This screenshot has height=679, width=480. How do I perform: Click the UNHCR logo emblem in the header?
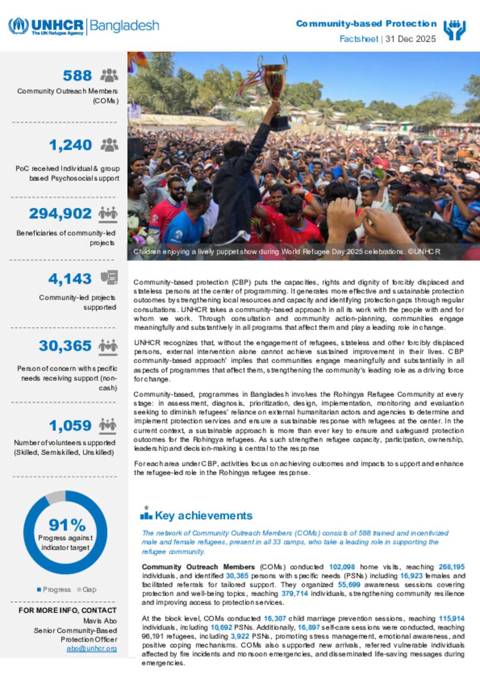click(x=18, y=26)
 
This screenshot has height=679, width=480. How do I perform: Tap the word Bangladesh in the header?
click(x=124, y=25)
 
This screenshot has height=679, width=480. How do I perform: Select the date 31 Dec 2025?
click(x=411, y=39)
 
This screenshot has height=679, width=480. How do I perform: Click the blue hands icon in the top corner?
click(x=454, y=30)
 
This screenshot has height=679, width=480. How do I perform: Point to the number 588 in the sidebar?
click(x=77, y=75)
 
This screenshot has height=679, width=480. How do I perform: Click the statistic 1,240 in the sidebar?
click(x=70, y=145)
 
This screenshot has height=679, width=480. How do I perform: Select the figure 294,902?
click(x=60, y=214)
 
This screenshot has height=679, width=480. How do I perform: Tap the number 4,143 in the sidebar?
click(x=70, y=279)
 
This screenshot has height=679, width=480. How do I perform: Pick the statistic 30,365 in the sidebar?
click(x=65, y=346)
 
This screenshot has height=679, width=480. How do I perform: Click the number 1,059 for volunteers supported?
click(x=70, y=425)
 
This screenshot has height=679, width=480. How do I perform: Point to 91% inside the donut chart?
click(x=67, y=525)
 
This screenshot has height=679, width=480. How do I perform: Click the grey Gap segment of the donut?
click(x=56, y=496)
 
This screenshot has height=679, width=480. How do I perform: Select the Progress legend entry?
click(x=54, y=589)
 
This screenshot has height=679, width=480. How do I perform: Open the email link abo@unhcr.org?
click(x=91, y=649)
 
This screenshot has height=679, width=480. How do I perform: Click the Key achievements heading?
click(x=203, y=515)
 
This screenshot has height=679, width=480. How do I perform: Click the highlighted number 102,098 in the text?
click(x=342, y=567)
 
